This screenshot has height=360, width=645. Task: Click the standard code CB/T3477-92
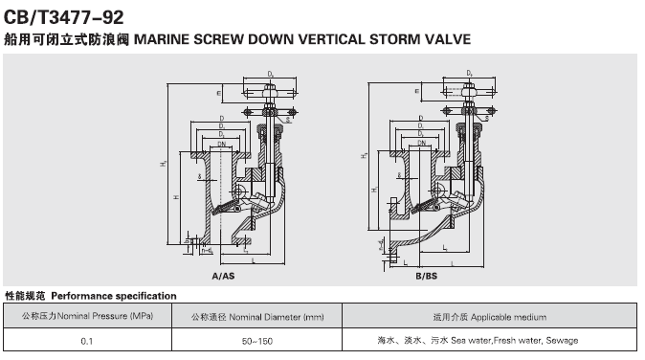[63, 16]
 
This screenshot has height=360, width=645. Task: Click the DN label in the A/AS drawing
[221, 143]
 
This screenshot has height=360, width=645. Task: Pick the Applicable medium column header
[483, 316]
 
